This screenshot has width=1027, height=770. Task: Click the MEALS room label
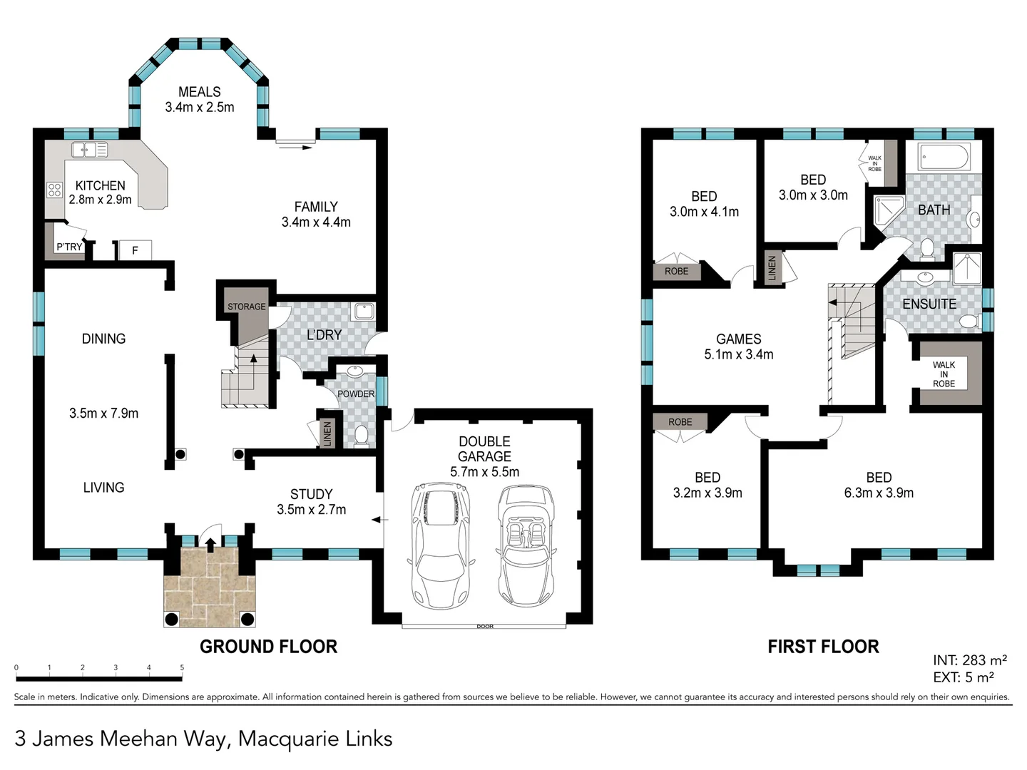[x=199, y=92]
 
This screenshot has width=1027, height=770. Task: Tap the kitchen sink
[x=89, y=150]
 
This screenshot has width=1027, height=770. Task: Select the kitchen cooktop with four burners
[x=54, y=190]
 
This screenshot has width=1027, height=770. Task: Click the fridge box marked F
[x=136, y=250]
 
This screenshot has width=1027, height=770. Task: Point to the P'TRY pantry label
[x=69, y=247]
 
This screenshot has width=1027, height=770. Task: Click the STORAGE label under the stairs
[x=247, y=307]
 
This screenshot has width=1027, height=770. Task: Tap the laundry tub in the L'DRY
[x=364, y=311]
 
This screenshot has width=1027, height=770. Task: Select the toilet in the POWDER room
[x=361, y=436]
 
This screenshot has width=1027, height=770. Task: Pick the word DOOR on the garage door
[x=485, y=627]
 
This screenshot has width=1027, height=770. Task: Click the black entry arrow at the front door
[x=210, y=545]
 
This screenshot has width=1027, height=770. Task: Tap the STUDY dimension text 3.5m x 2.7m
[x=311, y=509]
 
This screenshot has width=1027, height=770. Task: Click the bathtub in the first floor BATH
[x=944, y=157]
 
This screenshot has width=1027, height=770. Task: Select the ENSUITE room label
[x=929, y=304]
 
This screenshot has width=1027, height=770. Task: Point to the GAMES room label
[x=738, y=339]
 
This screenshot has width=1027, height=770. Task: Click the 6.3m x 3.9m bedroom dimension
[x=879, y=493]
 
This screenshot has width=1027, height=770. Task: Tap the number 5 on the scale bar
[x=182, y=667]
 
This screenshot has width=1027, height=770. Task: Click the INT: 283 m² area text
[x=969, y=660]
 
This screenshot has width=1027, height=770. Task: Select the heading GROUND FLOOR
[x=269, y=647]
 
